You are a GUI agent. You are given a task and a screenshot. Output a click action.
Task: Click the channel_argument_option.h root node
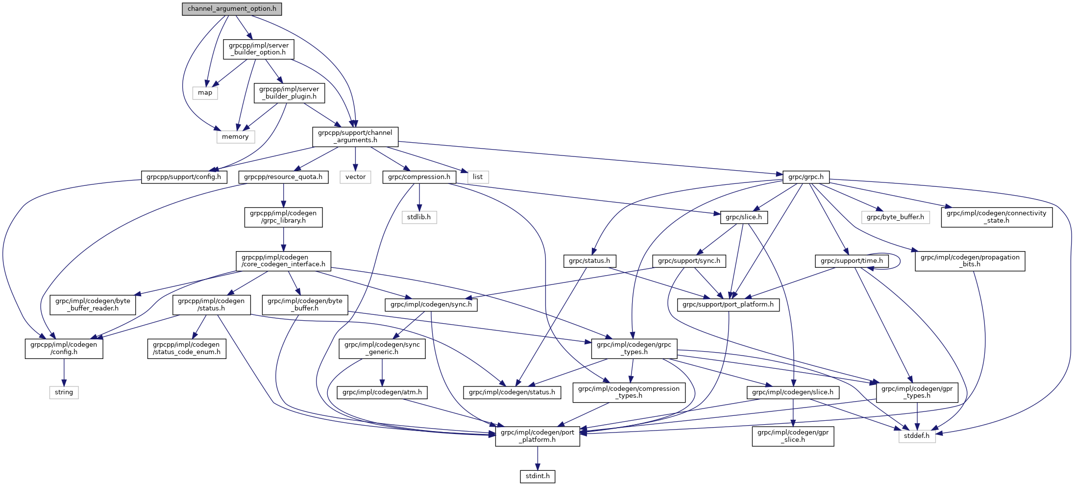coord(232,9)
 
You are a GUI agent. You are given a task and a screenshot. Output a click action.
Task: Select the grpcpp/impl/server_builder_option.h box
coord(259,49)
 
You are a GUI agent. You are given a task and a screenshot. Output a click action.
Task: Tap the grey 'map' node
coord(205,93)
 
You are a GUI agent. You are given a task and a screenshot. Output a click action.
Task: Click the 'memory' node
coord(235,137)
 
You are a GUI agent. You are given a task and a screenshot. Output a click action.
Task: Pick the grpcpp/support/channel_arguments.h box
coord(355,136)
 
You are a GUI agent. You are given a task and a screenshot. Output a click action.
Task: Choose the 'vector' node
coord(355,177)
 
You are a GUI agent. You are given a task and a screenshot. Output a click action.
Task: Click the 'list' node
coord(478,177)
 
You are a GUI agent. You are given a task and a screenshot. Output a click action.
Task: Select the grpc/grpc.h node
coord(806,177)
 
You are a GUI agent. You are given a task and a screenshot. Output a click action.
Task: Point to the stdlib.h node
coord(419,217)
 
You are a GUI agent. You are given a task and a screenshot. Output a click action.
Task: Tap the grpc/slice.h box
coord(744,217)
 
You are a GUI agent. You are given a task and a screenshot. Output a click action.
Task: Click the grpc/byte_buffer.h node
coord(895,217)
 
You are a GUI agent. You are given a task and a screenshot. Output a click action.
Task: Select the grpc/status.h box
coord(589,261)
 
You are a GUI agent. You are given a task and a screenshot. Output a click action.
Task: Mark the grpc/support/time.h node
coord(852,261)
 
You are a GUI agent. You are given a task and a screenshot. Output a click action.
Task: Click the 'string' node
coord(64,392)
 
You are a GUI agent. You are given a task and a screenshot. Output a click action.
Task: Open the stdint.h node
coord(537,476)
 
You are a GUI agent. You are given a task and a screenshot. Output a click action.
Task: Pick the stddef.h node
coord(917,436)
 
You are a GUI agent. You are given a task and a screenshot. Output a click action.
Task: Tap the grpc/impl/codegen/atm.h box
coord(382,392)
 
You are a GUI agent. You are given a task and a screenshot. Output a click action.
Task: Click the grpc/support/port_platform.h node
coord(728,305)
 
